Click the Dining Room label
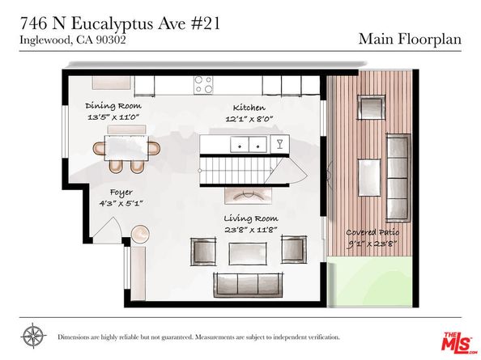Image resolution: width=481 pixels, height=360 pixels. [113, 106]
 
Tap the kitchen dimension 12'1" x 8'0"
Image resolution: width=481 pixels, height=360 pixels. [249, 120]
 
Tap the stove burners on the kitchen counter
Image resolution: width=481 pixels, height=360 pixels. [202, 84]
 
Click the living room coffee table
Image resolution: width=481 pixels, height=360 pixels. [247, 253]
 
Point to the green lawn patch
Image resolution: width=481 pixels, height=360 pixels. [372, 283]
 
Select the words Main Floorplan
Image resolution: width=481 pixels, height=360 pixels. [410, 38]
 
